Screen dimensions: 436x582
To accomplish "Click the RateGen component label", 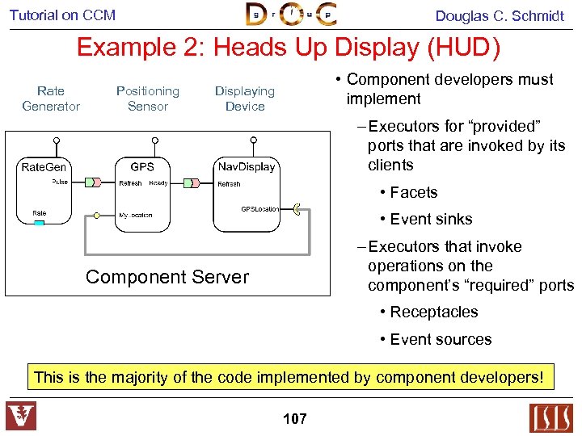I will [x=44, y=167].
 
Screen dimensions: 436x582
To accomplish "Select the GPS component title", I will [x=142, y=166].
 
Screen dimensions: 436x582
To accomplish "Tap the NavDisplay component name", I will [x=247, y=167].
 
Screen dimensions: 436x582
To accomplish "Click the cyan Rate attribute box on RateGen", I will [x=39, y=223].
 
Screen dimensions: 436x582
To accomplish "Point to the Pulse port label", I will [x=60, y=182].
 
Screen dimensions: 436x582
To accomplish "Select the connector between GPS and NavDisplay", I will [x=192, y=182].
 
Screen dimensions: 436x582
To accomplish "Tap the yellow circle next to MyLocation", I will [x=97, y=216].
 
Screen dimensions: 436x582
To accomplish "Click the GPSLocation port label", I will [x=259, y=209].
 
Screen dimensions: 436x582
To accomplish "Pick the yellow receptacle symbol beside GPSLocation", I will [x=297, y=210].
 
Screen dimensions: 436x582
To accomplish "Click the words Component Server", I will [x=167, y=277].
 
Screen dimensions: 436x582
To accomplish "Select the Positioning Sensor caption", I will [x=147, y=99].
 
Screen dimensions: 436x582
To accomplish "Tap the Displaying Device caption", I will [x=245, y=99].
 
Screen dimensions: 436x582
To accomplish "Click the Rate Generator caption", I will [x=51, y=99].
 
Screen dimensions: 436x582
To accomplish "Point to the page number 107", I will [x=295, y=419].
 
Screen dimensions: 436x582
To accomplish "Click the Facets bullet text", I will [x=413, y=192].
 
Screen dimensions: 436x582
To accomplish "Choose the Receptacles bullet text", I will [x=434, y=312].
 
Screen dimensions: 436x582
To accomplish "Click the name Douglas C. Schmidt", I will [x=500, y=15].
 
